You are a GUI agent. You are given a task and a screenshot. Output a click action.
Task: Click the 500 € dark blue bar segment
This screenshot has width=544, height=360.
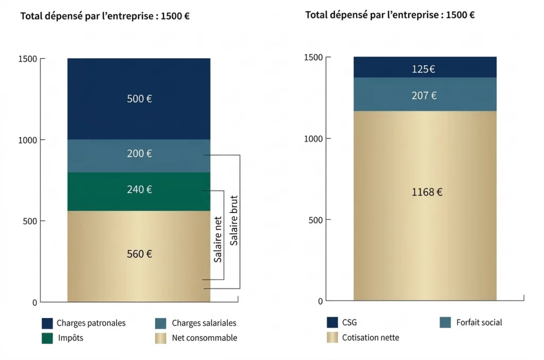point(139,99)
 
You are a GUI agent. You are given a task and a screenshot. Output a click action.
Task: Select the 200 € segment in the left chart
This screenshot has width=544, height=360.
point(139,156)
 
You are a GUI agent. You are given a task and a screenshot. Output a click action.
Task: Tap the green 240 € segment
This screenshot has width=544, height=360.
point(139,191)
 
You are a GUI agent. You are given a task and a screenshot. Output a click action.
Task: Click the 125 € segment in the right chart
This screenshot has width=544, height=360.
point(425,67)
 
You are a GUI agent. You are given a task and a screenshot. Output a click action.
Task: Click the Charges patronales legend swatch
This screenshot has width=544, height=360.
point(47,323)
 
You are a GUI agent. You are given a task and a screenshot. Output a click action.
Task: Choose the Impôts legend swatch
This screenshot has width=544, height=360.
point(47,338)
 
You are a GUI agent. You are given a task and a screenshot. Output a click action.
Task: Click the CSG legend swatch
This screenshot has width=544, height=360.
point(333,322)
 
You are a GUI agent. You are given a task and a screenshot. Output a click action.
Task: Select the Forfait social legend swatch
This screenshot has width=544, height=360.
point(446,322)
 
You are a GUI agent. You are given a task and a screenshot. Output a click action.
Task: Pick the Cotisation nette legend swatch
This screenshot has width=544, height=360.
point(333,337)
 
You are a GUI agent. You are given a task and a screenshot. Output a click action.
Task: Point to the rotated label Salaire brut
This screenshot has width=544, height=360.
point(234,220)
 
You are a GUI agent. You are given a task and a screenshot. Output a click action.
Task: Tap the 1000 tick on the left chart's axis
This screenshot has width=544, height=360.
point(28,140)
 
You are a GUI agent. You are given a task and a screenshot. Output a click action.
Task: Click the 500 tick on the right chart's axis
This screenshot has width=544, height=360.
point(316,220)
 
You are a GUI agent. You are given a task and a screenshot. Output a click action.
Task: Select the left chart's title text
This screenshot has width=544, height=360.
point(105,16)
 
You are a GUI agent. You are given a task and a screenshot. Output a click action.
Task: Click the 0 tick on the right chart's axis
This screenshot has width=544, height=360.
point(320,301)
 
